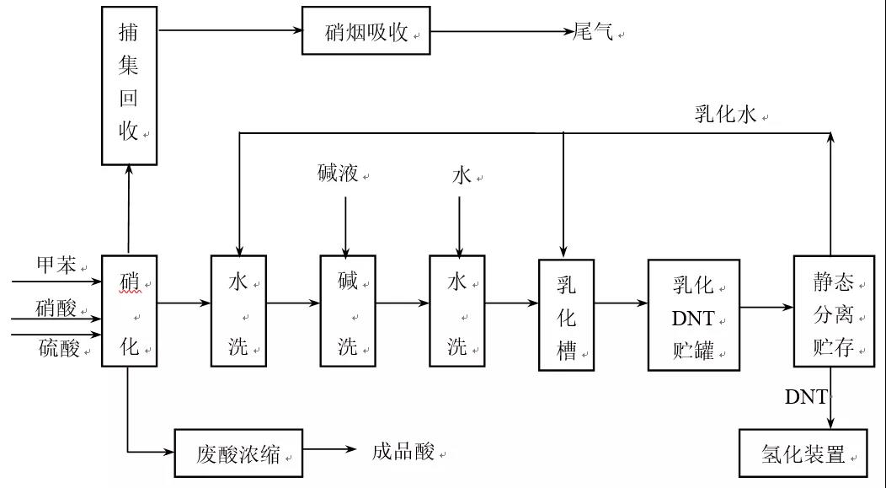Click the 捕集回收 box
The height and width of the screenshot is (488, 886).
129,84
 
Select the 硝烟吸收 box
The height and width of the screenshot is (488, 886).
366,33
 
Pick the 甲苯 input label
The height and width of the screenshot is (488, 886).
56,265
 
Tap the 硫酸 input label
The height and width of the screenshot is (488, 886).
56,347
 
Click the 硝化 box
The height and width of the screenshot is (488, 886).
129,310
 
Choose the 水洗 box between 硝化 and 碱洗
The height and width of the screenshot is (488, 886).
238,310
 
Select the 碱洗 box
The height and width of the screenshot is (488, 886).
348,310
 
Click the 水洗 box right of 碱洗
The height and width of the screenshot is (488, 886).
457,310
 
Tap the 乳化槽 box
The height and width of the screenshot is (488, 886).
567,315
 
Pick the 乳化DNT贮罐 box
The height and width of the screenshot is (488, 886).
692,315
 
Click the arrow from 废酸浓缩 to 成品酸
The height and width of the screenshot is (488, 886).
329,450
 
